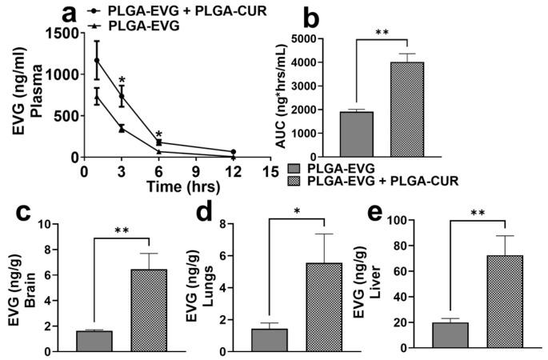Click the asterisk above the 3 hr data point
122,80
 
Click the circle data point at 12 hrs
233,152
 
